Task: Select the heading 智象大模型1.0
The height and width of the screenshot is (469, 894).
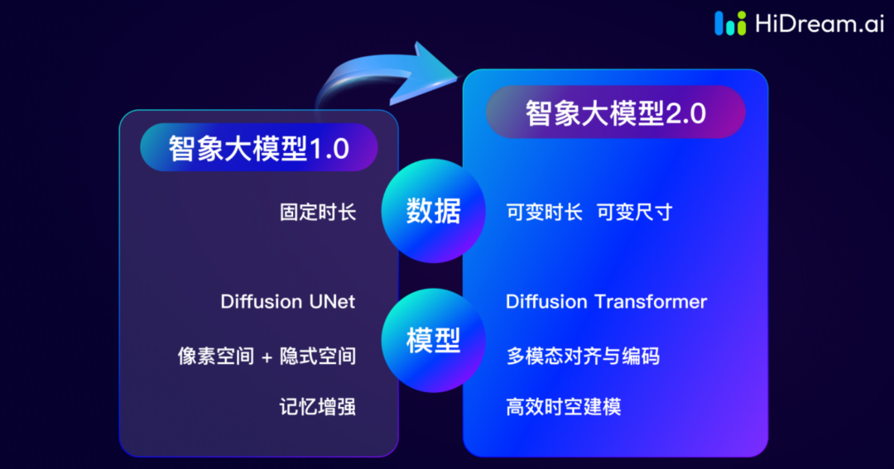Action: click(258, 149)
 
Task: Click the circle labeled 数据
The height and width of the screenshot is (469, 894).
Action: click(433, 212)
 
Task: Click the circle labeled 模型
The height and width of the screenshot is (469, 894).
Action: click(433, 341)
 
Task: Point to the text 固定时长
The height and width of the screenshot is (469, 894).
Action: click(318, 212)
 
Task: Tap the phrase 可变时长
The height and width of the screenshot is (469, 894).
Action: click(544, 213)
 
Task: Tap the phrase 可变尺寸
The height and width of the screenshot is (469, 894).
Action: click(634, 213)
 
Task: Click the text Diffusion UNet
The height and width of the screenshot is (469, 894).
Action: click(287, 301)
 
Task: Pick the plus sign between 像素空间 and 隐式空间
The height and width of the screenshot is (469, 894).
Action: click(267, 357)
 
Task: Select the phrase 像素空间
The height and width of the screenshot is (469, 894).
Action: click(215, 357)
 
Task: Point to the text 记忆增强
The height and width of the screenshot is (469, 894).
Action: click(318, 407)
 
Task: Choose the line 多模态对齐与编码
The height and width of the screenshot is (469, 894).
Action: click(583, 357)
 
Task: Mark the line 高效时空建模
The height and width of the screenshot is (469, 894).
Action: click(563, 407)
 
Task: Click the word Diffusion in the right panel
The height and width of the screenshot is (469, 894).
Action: click(546, 301)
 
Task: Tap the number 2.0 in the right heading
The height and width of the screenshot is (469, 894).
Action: click(686, 113)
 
